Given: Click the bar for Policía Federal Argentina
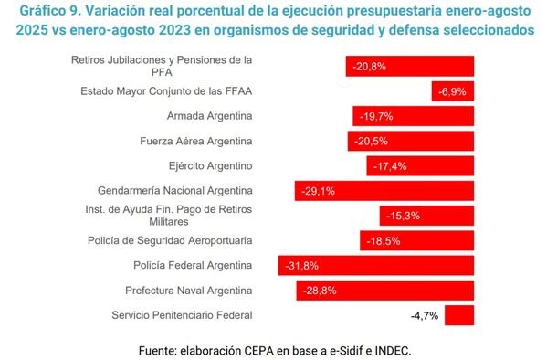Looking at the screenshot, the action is pyautogui.click(x=376, y=266).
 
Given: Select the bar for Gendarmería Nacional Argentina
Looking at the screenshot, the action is pyautogui.click(x=384, y=191).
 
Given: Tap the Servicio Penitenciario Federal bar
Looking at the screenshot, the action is pyautogui.click(x=459, y=315).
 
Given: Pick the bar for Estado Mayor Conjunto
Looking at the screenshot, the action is pyautogui.click(x=453, y=91).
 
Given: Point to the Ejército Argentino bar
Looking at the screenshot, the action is pyautogui.click(x=420, y=166).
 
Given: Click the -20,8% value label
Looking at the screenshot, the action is pyautogui.click(x=369, y=67).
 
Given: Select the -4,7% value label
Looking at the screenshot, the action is pyautogui.click(x=425, y=315).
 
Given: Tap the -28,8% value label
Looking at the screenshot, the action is pyautogui.click(x=320, y=291).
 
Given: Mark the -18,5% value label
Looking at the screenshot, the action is pyautogui.click(x=384, y=241).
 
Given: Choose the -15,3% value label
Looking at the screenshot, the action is pyautogui.click(x=403, y=216).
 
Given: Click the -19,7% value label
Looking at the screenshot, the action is pyautogui.click(x=376, y=116).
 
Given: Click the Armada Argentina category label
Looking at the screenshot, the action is pyautogui.click(x=210, y=116).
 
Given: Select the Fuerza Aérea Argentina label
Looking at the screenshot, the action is pyautogui.click(x=196, y=141).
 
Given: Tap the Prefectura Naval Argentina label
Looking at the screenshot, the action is pyautogui.click(x=189, y=291).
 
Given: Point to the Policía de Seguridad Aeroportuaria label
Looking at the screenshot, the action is pyautogui.click(x=170, y=240).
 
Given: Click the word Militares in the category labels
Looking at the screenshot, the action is pyautogui.click(x=169, y=222).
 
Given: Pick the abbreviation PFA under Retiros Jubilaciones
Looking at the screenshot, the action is pyautogui.click(x=162, y=72).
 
